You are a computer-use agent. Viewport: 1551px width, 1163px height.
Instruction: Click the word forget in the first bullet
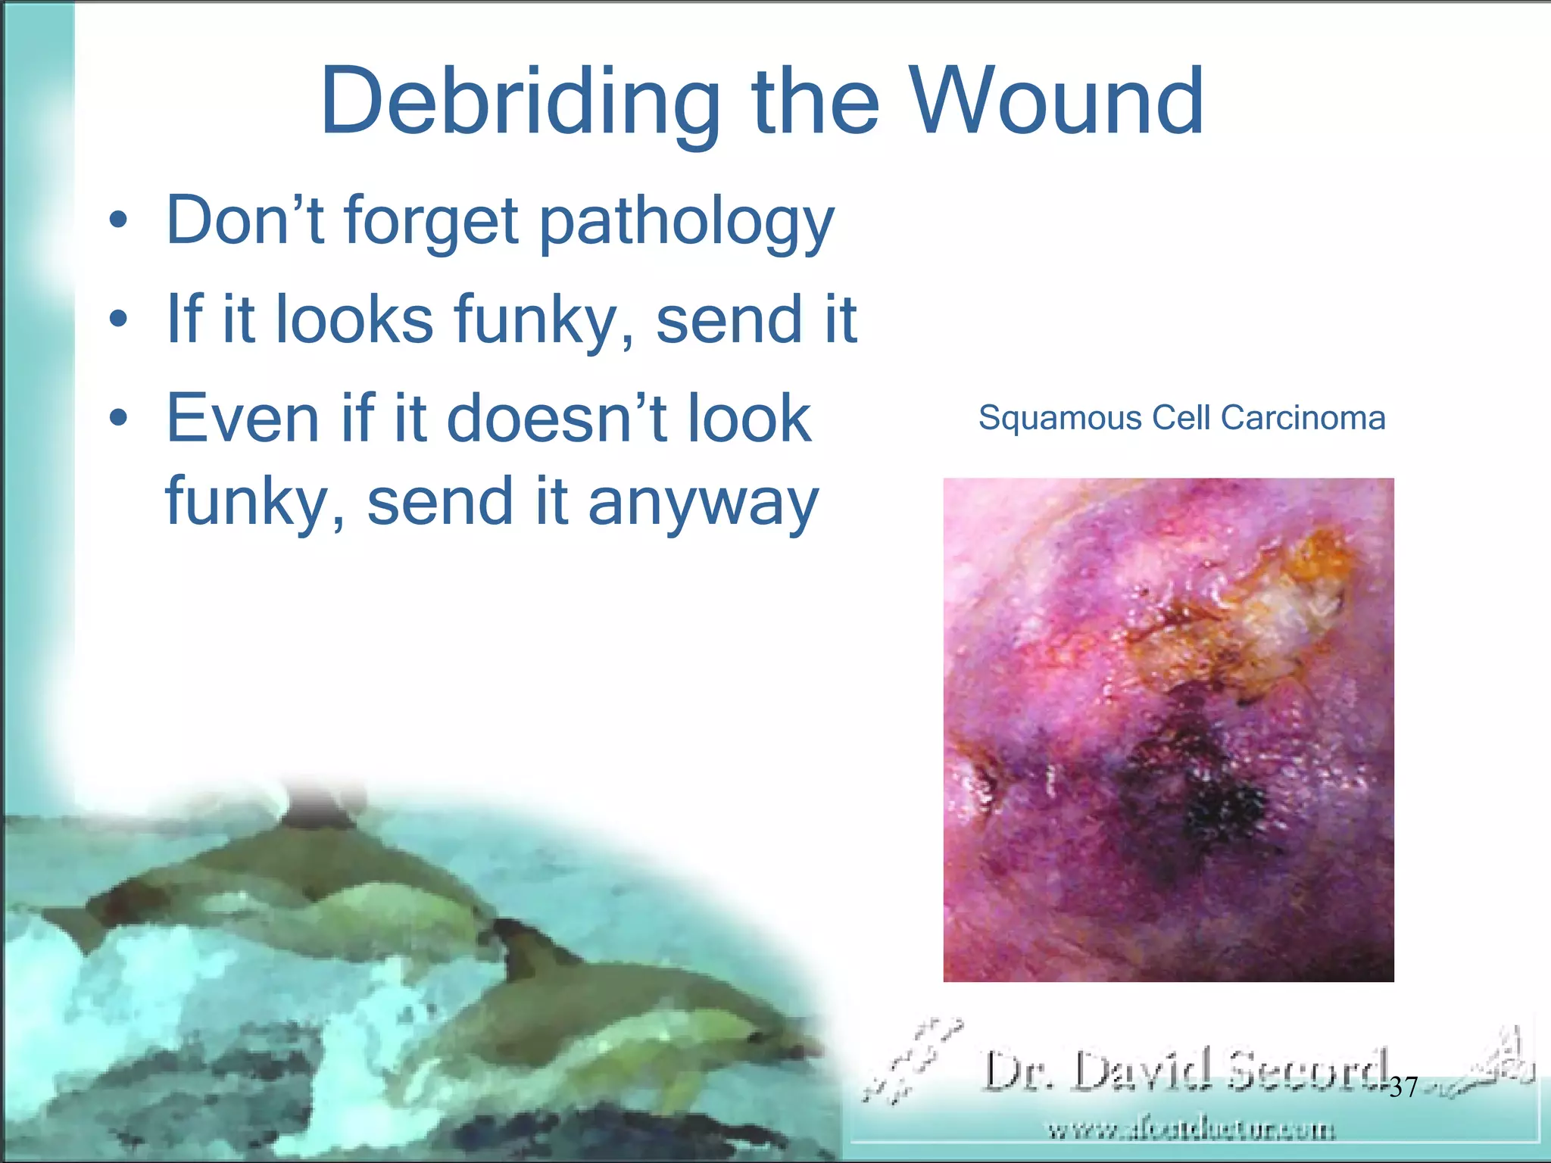pyautogui.click(x=431, y=222)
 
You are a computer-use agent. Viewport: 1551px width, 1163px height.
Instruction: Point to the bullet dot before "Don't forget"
pyautogui.click(x=117, y=222)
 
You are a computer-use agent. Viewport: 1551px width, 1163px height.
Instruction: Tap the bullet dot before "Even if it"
pyautogui.click(x=117, y=418)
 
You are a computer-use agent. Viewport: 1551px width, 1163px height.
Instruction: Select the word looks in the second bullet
pyautogui.click(x=354, y=320)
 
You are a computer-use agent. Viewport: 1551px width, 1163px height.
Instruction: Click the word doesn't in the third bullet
pyautogui.click(x=557, y=418)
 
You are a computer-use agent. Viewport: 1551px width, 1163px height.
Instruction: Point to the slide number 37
pyautogui.click(x=1403, y=1087)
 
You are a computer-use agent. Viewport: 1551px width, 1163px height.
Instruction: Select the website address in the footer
pyautogui.click(x=1190, y=1130)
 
